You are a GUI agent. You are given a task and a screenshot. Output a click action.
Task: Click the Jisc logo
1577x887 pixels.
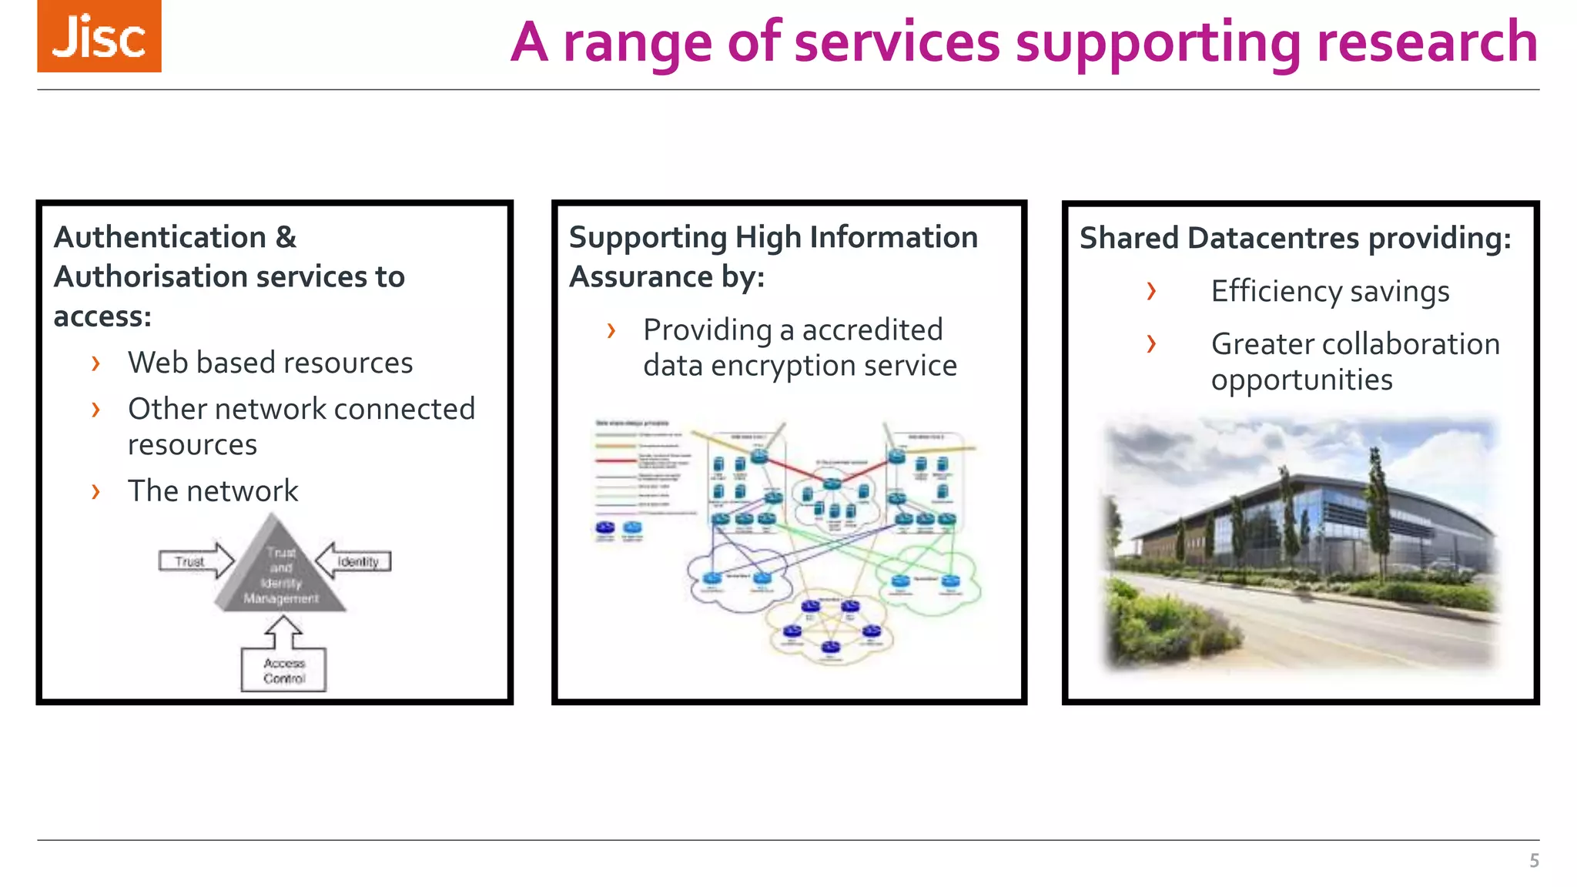pos(99,36)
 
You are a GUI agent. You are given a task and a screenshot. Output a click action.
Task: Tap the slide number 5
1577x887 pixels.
pos(1534,861)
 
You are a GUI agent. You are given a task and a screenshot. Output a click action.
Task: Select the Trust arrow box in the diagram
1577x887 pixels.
pos(193,561)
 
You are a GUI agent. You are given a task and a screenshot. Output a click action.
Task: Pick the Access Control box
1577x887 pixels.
pos(283,671)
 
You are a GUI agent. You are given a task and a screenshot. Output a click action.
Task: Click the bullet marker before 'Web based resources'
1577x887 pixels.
pos(95,363)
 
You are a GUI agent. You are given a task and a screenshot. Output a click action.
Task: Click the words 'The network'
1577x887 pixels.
pos(213,491)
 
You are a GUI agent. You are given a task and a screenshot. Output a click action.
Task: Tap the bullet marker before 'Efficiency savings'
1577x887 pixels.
pos(1151,292)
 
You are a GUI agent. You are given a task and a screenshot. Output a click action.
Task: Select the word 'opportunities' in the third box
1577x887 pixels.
pos(1301,380)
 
